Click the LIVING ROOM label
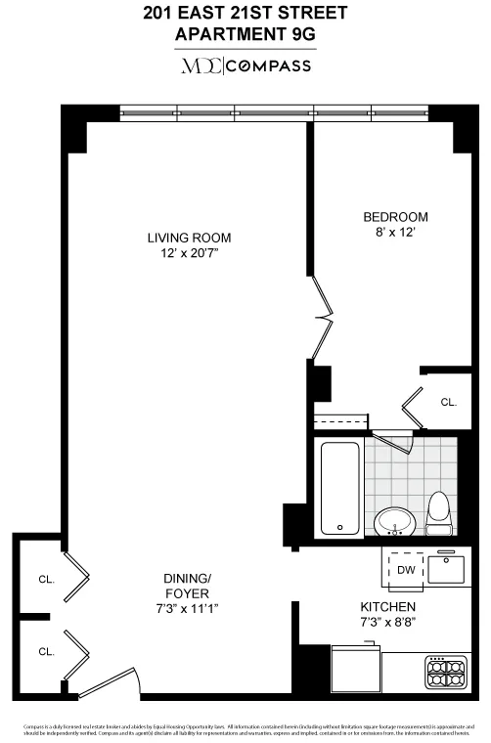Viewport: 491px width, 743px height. [189, 238]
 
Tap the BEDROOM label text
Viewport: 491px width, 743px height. [395, 217]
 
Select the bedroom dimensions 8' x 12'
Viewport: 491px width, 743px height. [395, 234]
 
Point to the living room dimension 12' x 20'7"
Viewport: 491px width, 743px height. [189, 254]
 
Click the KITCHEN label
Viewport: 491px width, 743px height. [388, 606]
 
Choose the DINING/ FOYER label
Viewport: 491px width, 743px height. [187, 585]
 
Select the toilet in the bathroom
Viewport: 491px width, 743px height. [438, 513]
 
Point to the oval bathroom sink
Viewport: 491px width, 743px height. [394, 520]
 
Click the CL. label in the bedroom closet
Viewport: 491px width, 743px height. [448, 402]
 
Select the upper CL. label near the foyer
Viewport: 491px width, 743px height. [46, 579]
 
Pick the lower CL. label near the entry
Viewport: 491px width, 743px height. [46, 651]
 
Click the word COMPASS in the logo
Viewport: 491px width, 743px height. [270, 66]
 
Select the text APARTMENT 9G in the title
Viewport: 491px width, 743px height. [245, 34]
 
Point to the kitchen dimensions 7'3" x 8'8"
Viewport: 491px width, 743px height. [388, 622]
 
